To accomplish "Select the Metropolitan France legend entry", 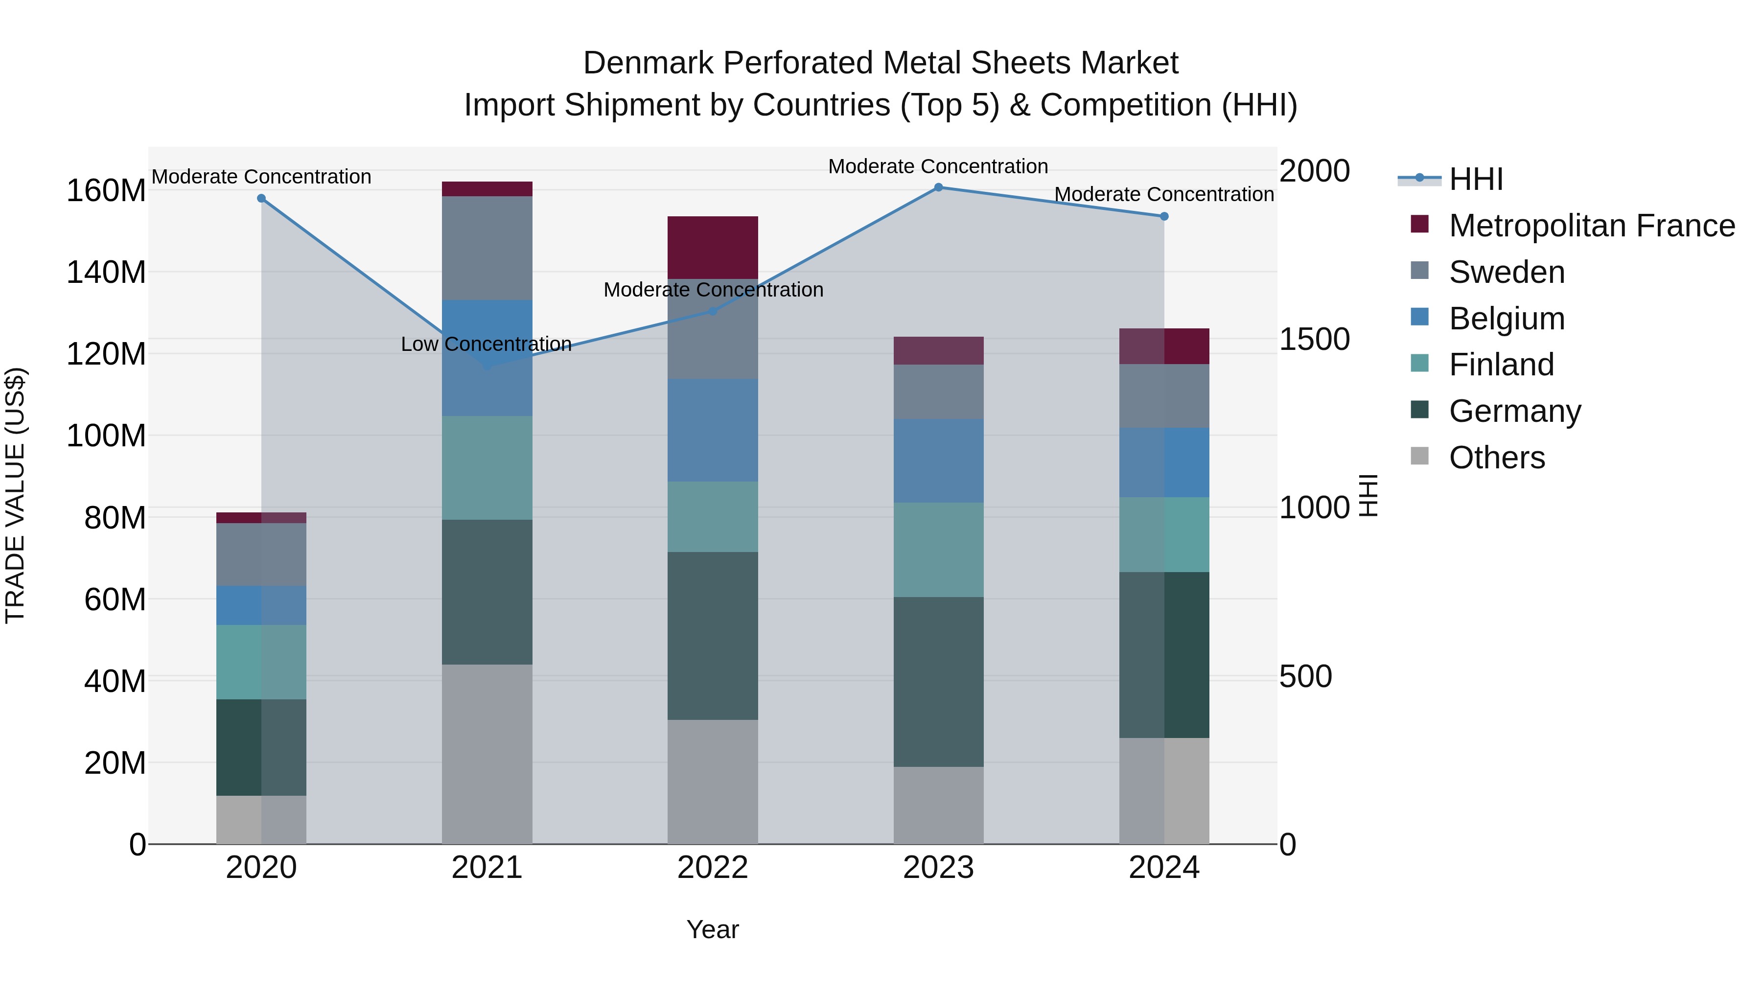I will [x=1591, y=226].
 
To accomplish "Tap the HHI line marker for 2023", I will [x=938, y=187].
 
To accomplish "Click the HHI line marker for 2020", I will [x=261, y=198].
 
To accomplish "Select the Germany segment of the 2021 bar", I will [x=487, y=592].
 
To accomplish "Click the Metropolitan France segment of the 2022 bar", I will [x=713, y=247].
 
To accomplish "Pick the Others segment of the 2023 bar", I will [x=938, y=805].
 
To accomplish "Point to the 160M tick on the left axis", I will [x=106, y=191].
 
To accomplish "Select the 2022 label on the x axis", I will [x=713, y=868].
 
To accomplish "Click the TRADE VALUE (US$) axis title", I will [x=15, y=495].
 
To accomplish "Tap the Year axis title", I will [x=713, y=929].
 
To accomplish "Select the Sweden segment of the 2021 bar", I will [x=487, y=248].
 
